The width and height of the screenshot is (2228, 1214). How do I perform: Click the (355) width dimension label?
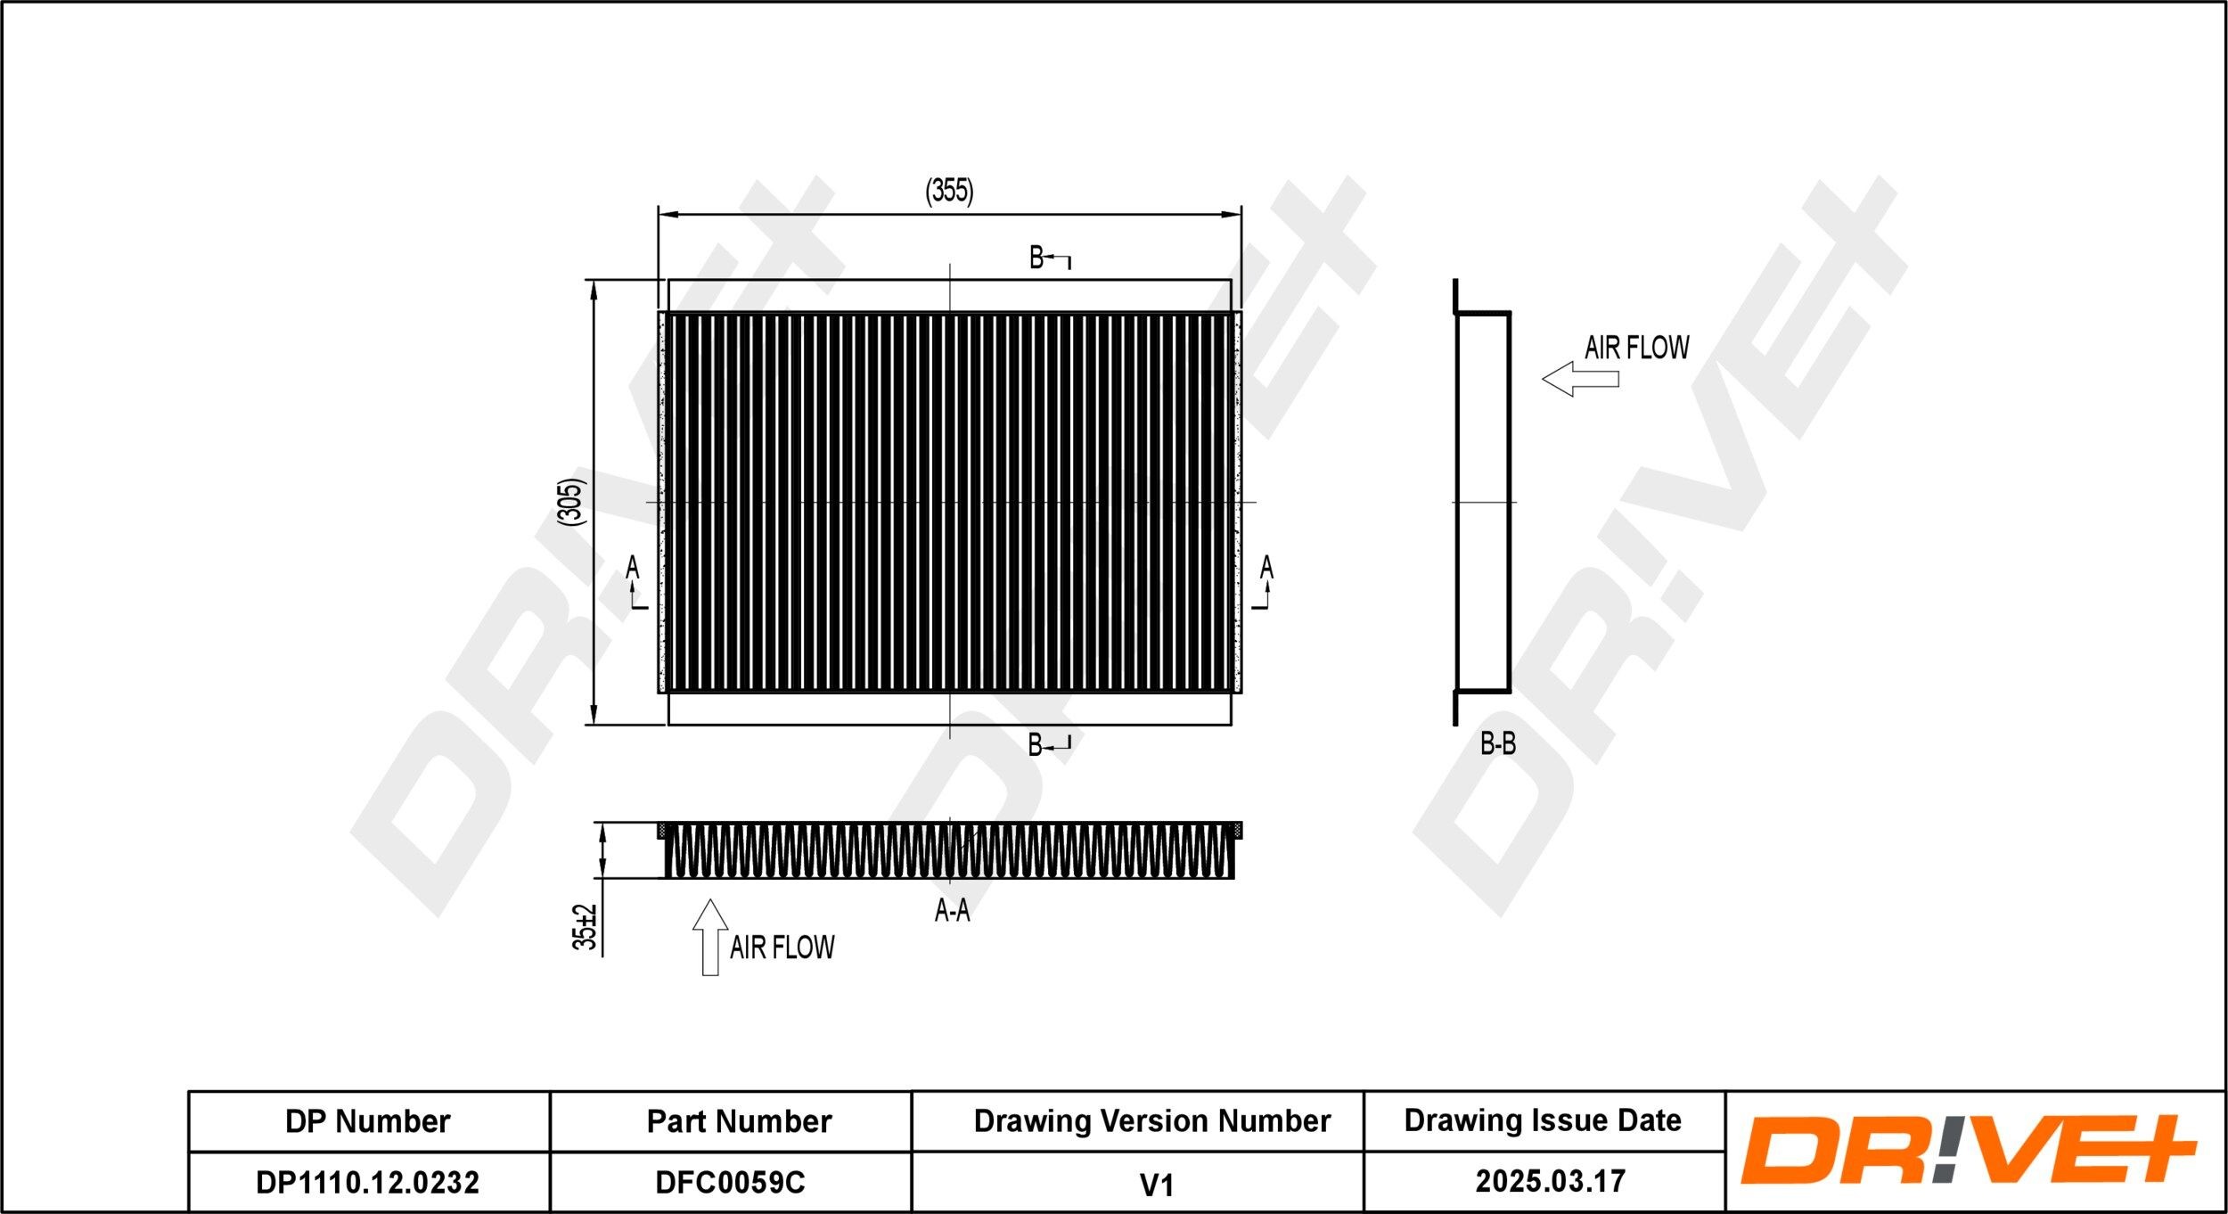pyautogui.click(x=949, y=191)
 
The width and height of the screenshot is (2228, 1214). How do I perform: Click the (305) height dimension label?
pyautogui.click(x=572, y=501)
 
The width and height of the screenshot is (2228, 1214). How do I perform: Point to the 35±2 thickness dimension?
pyautogui.click(x=585, y=927)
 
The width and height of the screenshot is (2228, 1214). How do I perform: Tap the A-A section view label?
pyautogui.click(x=951, y=910)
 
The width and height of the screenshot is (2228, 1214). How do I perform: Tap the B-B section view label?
pyautogui.click(x=1497, y=743)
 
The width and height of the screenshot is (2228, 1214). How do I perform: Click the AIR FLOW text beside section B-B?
pyautogui.click(x=1636, y=348)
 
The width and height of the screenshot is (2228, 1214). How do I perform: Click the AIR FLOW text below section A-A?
pyautogui.click(x=782, y=947)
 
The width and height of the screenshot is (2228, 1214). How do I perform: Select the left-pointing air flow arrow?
pyautogui.click(x=1579, y=379)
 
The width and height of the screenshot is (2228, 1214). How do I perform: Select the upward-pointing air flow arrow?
pyautogui.click(x=710, y=937)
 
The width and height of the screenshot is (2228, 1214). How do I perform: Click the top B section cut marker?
pyautogui.click(x=1048, y=258)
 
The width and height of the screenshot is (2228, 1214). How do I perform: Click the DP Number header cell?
pyautogui.click(x=367, y=1121)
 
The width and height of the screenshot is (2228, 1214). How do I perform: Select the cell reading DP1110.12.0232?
pyautogui.click(x=367, y=1182)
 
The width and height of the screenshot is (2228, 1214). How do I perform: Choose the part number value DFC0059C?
pyautogui.click(x=730, y=1182)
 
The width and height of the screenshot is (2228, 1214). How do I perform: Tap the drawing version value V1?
pyautogui.click(x=1156, y=1185)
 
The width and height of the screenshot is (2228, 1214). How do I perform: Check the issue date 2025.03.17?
pyautogui.click(x=1550, y=1181)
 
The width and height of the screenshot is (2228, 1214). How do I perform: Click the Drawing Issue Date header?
pyautogui.click(x=1542, y=1120)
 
